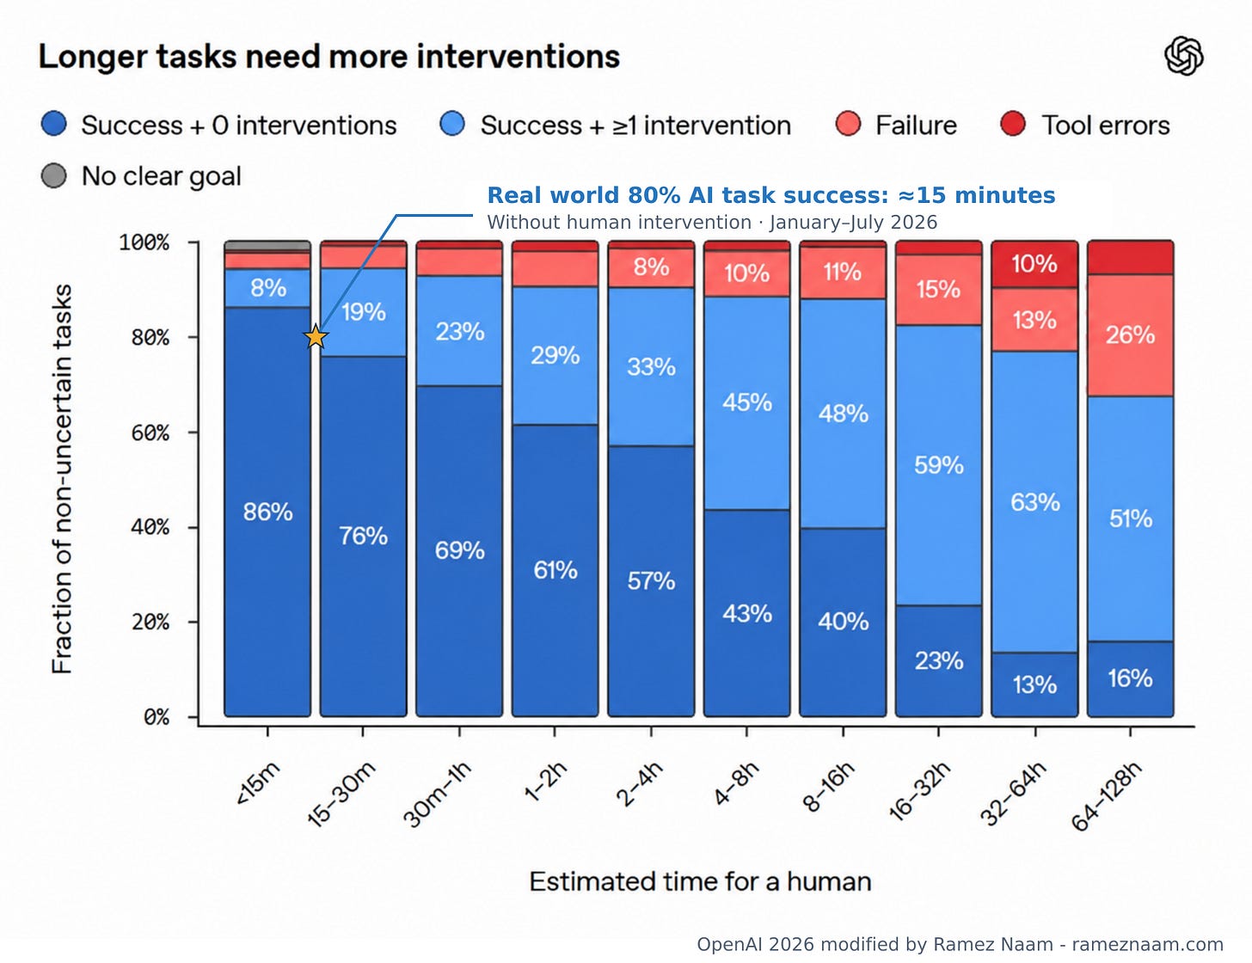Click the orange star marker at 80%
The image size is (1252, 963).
coord(316,337)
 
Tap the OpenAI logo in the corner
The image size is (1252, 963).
coord(1184,56)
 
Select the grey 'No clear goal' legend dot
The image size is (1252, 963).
coord(54,175)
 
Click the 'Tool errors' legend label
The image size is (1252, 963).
coord(1106,125)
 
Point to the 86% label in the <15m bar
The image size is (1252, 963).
coord(268,512)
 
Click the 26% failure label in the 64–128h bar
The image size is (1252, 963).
coord(1130,334)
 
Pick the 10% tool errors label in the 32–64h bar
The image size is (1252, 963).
coord(1034,264)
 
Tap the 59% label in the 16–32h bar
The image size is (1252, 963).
coord(938,465)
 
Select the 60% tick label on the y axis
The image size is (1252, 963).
coord(150,432)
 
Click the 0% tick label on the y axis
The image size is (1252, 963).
coord(156,717)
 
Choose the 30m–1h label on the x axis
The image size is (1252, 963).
coord(437,794)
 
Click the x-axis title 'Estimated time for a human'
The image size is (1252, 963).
coord(700,882)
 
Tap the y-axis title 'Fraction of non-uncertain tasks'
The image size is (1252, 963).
coord(62,479)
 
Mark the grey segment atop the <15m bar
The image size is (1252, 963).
coord(267,247)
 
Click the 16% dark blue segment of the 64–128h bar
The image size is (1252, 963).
coord(1131,679)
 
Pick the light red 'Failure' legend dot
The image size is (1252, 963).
coord(848,125)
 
